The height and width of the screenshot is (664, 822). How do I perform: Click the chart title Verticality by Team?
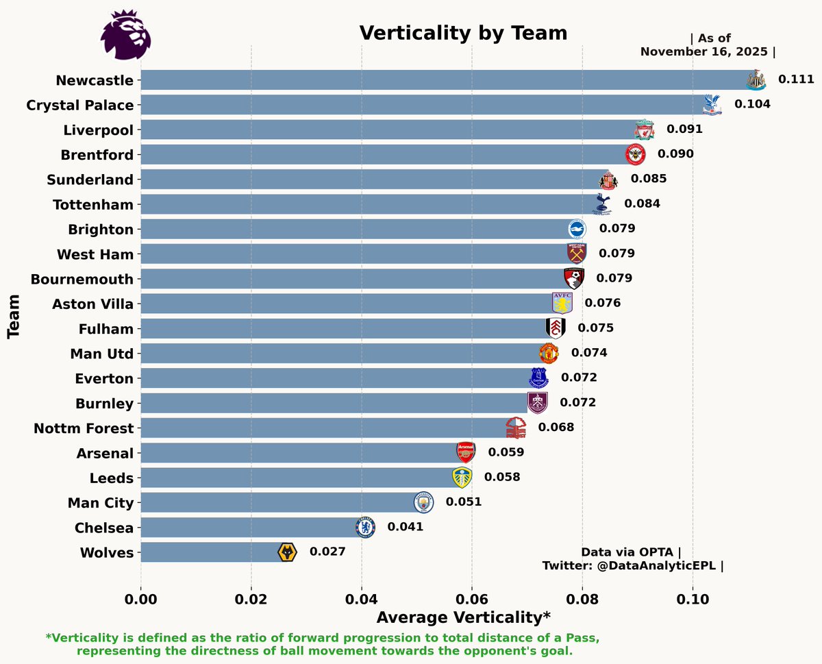point(463,33)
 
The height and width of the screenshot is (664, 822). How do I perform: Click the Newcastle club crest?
point(755,79)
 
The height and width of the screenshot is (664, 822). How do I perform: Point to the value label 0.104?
point(752,104)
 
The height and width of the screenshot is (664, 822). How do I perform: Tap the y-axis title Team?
point(13,317)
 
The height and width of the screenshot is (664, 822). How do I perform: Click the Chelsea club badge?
point(365,527)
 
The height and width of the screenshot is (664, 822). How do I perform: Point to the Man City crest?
point(424,502)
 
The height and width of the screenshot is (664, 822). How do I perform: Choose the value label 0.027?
point(327,552)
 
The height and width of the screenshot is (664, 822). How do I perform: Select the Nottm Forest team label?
point(84,428)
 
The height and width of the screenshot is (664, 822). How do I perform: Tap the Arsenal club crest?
point(466,452)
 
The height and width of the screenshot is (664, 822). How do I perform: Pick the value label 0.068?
point(556,428)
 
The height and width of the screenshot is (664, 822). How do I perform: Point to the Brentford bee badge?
point(635,154)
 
